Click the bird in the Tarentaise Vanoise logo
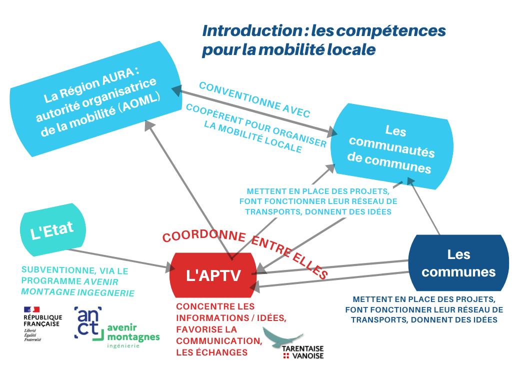pos(282,337)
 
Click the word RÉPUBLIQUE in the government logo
pos(42,317)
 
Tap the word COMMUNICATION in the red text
pos(218,341)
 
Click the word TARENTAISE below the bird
pos(303,348)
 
